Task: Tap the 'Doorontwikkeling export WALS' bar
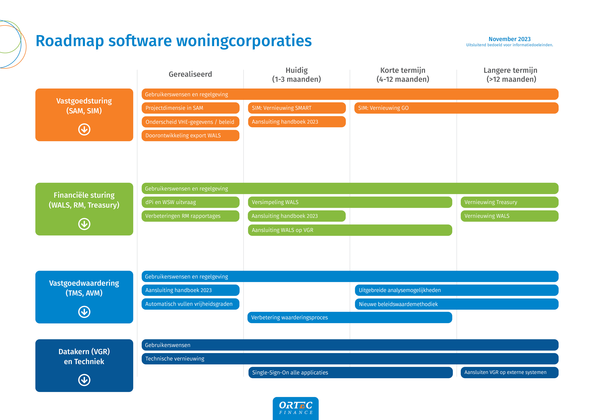click(190, 136)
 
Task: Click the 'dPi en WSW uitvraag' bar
click(190, 202)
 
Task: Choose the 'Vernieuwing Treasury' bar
click(509, 202)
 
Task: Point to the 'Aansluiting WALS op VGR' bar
click(350, 230)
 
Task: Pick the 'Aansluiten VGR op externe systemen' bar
click(509, 372)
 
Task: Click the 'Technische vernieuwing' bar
click(350, 359)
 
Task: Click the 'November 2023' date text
click(509, 39)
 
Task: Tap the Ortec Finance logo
click(296, 408)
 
